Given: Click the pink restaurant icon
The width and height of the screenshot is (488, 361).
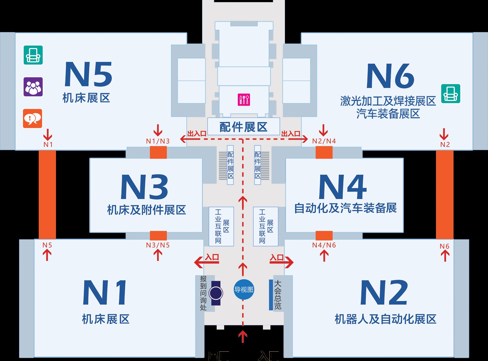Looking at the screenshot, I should [x=244, y=100].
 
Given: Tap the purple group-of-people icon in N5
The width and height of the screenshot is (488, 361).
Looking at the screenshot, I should [x=33, y=87].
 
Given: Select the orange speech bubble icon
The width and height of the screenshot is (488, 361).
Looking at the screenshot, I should [x=33, y=118].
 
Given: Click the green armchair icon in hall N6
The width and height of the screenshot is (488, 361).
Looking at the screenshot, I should [x=450, y=94].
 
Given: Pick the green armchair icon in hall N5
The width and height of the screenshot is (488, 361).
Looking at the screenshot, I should [x=33, y=55].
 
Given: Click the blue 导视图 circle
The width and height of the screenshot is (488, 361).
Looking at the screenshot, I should [x=244, y=290].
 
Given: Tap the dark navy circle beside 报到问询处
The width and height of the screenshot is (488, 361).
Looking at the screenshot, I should [x=216, y=293].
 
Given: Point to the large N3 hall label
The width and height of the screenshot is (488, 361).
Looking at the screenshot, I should [x=144, y=187].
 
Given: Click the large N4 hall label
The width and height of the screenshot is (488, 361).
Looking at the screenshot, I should [x=343, y=187].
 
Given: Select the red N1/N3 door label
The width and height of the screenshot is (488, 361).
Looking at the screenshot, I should [x=158, y=141].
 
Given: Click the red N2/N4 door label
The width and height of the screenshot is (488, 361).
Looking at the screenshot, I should [x=324, y=141].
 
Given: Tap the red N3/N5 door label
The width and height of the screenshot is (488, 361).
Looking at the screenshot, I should [x=158, y=245].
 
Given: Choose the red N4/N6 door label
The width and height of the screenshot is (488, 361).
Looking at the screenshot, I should [x=324, y=245].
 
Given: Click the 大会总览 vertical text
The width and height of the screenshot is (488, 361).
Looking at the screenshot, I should [x=278, y=295].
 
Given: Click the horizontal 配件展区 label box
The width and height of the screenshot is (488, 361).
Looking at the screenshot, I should [x=244, y=127].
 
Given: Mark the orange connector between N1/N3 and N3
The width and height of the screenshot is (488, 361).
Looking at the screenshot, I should [x=158, y=152].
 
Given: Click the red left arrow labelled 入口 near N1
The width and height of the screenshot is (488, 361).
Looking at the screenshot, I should [x=207, y=262].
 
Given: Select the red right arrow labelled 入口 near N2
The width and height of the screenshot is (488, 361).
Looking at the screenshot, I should [x=282, y=262].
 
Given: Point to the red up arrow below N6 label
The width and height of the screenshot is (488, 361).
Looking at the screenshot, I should [x=445, y=256].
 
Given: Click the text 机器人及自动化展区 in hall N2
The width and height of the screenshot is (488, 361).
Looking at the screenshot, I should [x=385, y=319].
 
